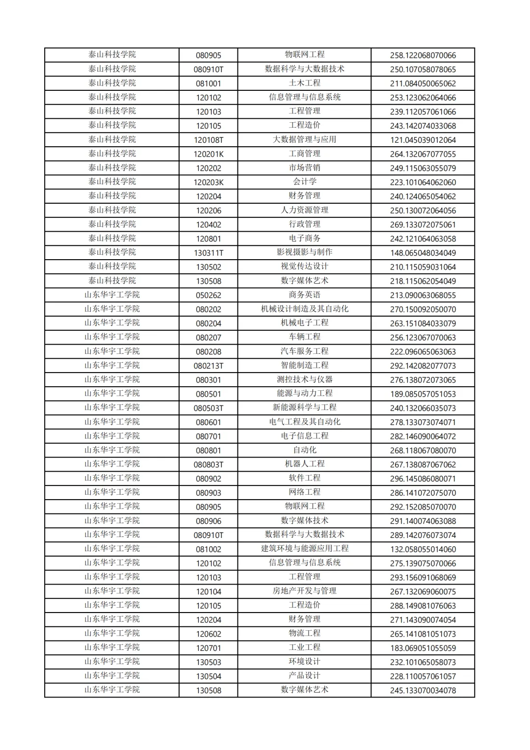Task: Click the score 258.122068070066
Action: click(x=423, y=55)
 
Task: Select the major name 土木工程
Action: click(x=304, y=83)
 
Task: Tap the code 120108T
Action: click(x=209, y=140)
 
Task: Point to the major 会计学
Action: click(x=304, y=182)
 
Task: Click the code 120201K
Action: click(x=209, y=154)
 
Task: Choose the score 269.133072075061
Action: click(x=423, y=225)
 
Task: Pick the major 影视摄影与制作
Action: click(x=304, y=252)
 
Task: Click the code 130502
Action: click(x=209, y=267)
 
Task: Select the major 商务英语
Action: click(x=304, y=295)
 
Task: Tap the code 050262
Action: click(x=209, y=295)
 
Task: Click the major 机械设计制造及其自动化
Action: click(x=304, y=309)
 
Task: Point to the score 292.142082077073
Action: click(x=423, y=366)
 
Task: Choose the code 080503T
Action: click(x=209, y=408)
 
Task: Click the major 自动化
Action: click(x=304, y=450)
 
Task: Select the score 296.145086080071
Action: click(x=423, y=479)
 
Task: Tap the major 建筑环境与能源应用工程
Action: click(x=304, y=549)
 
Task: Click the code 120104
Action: click(x=209, y=592)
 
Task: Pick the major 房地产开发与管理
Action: click(x=304, y=591)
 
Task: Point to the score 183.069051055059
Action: click(x=423, y=648)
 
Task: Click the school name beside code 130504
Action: click(x=112, y=676)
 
